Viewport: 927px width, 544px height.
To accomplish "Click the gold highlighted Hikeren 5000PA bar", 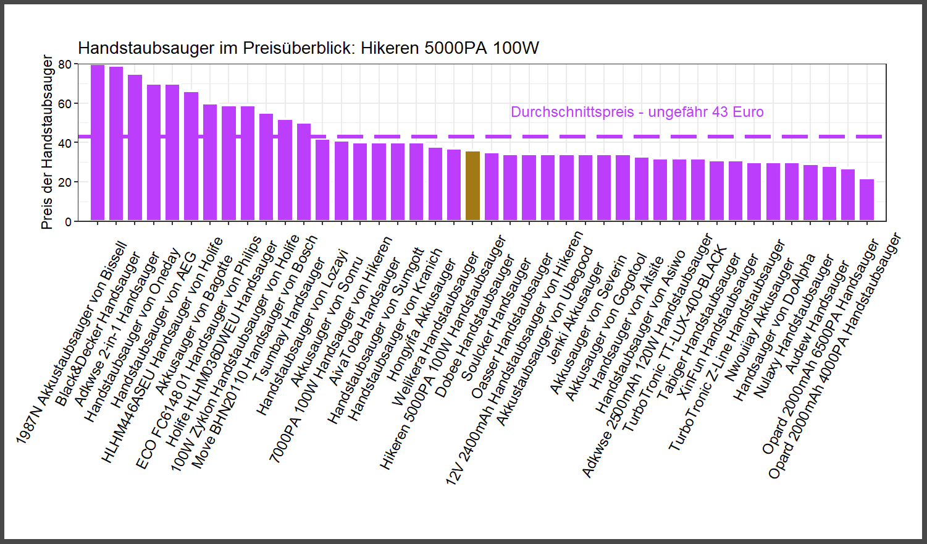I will [472, 185].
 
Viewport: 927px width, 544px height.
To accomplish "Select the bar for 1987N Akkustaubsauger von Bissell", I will [98, 142].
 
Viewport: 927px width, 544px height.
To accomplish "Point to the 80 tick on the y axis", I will [65, 64].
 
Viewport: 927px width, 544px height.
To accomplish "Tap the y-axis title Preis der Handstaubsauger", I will [47, 142].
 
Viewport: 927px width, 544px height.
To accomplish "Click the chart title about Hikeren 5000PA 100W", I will [308, 48].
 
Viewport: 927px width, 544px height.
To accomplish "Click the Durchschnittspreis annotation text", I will [637, 112].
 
